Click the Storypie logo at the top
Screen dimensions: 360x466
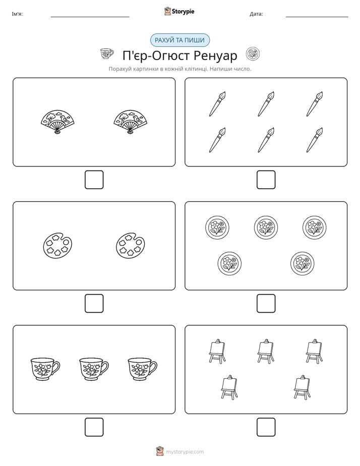(179, 11)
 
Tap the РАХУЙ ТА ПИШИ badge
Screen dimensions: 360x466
(179, 40)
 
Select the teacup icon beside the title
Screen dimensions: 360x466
(107, 53)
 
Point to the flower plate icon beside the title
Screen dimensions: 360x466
(253, 54)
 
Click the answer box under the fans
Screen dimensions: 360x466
(94, 180)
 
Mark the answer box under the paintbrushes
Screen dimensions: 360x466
(266, 180)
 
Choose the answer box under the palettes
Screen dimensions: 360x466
(94, 303)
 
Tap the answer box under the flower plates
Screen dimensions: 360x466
(266, 303)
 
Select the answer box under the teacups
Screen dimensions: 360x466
(94, 427)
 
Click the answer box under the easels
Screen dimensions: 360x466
(266, 427)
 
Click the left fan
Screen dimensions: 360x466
(57, 122)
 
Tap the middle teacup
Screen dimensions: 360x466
(94, 369)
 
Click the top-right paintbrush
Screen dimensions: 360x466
(315, 104)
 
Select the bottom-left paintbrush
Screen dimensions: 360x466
(217, 140)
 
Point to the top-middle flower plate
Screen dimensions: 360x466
(266, 227)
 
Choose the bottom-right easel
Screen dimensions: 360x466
(303, 387)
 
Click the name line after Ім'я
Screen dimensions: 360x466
(90, 17)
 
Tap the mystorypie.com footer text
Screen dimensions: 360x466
(185, 452)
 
